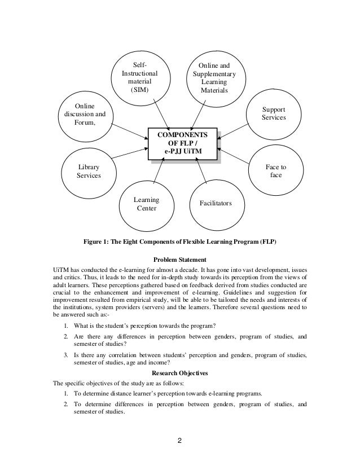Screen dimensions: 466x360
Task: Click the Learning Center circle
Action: pos(146,204)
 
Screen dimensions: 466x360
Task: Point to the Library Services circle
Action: pos(89,172)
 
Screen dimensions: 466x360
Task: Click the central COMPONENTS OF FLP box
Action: pos(182,144)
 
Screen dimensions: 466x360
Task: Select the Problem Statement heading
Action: pos(180,261)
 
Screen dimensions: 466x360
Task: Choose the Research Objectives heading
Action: pos(180,373)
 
